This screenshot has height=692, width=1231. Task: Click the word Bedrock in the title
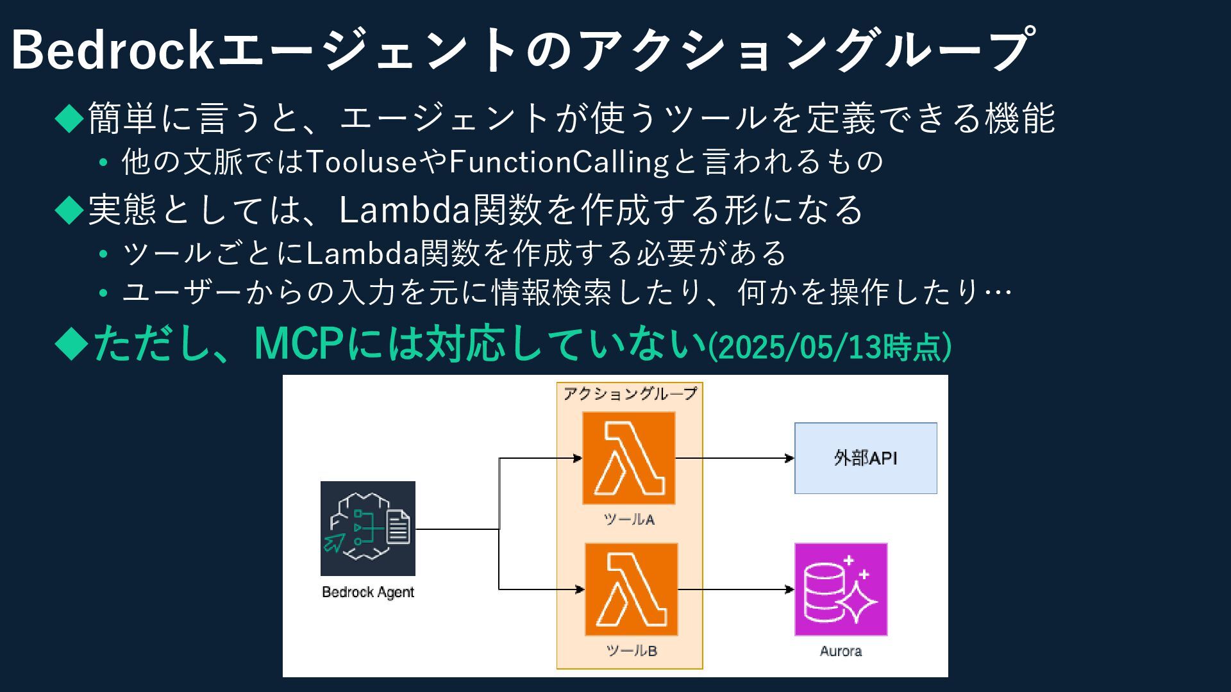(x=113, y=50)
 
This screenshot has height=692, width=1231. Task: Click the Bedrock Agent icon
(x=368, y=529)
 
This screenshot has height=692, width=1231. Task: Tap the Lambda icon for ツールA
(x=629, y=458)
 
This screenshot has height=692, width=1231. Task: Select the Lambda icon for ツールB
(x=631, y=589)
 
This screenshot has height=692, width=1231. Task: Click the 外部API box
(x=866, y=458)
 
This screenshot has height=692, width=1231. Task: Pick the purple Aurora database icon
(x=841, y=589)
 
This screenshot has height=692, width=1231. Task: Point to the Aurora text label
(x=841, y=652)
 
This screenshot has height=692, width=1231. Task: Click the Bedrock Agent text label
(x=368, y=592)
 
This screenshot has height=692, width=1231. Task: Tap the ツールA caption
(x=629, y=520)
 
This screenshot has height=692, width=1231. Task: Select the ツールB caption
(x=632, y=651)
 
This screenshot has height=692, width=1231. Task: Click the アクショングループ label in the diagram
(x=630, y=393)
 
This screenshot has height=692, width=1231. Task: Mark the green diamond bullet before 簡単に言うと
(x=70, y=118)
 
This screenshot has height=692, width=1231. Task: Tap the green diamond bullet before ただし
(x=71, y=343)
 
